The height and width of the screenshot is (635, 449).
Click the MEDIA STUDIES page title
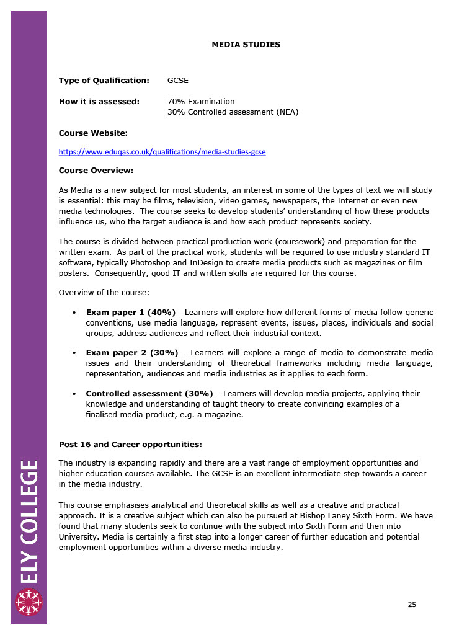(246, 45)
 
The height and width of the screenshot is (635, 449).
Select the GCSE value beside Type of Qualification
(178, 81)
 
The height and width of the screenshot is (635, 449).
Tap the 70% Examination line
(201, 102)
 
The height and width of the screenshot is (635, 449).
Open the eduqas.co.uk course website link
(162, 152)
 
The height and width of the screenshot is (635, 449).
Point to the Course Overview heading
(96, 170)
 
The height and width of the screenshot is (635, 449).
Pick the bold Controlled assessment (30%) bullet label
(149, 394)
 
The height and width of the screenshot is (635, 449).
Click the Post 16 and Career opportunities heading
(130, 444)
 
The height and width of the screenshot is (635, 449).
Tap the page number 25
(412, 605)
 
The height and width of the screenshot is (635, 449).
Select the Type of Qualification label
(104, 81)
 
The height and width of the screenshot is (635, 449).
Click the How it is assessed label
(99, 102)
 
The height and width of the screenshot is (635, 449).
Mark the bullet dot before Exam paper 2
(74, 353)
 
